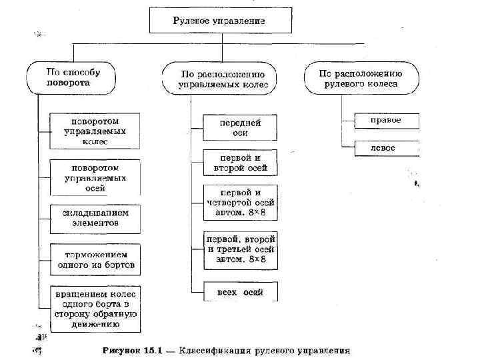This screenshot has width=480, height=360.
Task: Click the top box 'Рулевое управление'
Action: click(219, 21)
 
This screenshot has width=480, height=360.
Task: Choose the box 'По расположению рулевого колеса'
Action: click(361, 79)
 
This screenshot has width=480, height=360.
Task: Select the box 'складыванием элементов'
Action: click(95, 218)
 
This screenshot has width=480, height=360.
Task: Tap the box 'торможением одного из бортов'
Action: click(95, 259)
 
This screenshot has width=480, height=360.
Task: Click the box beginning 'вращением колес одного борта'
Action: click(95, 309)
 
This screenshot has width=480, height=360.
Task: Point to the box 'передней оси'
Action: click(240, 127)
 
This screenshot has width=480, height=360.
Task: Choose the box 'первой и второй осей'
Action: click(240, 163)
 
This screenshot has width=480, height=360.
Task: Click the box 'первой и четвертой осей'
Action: click(240, 202)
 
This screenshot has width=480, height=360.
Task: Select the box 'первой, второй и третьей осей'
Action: click(240, 249)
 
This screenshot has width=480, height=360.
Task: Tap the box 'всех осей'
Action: click(240, 292)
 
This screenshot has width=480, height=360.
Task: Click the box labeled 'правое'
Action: click(386, 120)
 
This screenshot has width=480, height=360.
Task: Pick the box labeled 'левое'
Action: click(386, 147)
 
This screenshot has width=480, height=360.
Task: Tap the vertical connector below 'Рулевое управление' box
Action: click(219, 39)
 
